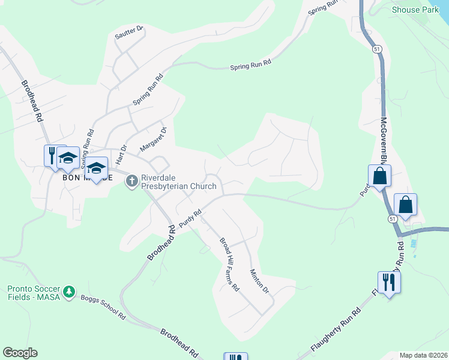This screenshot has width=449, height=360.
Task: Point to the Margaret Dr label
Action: tap(153, 139)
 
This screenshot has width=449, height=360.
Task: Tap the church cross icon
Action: tap(132, 180)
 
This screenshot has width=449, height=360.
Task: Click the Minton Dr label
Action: tap(259, 280)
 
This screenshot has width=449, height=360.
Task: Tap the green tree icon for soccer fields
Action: tap(70, 291)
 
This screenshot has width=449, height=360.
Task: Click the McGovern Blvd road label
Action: tap(384, 144)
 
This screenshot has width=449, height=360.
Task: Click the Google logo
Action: tap(20, 353)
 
